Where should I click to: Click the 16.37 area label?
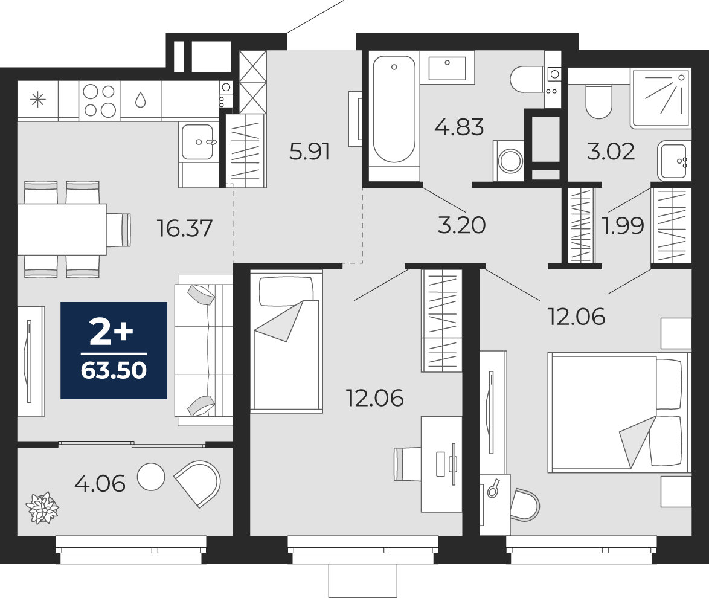click(x=184, y=228)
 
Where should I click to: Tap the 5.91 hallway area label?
click(x=310, y=152)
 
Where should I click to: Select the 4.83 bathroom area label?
click(x=459, y=127)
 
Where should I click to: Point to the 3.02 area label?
click(x=611, y=152)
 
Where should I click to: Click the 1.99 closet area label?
click(x=623, y=225)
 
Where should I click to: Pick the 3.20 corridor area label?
click(x=461, y=225)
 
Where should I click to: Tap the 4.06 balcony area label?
click(x=100, y=484)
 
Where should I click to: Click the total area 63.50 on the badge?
click(x=114, y=370)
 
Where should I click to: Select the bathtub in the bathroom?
click(x=394, y=109)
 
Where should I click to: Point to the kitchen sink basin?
click(x=197, y=142)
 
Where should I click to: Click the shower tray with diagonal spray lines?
click(x=661, y=98)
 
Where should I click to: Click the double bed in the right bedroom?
click(x=618, y=413)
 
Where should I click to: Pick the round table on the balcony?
click(x=151, y=477)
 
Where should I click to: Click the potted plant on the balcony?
click(x=42, y=508)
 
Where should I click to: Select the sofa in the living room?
click(x=204, y=350)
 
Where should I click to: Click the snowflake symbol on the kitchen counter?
click(x=37, y=100)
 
